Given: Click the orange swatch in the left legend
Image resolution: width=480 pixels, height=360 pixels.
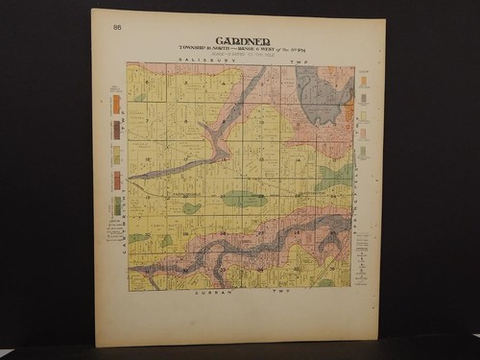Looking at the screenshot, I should click(116, 104).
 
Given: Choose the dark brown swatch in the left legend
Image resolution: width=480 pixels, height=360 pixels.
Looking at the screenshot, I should click(116, 129).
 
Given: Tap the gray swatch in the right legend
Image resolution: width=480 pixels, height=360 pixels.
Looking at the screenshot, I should click(363, 98).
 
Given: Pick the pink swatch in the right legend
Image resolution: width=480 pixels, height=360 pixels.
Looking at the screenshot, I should click(363, 133).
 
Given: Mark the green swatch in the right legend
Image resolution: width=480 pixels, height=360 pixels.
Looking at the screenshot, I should click(363, 152).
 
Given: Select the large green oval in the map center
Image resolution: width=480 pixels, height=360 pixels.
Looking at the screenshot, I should click(244, 199).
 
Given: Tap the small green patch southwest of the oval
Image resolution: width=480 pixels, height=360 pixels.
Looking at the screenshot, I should click(191, 207).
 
